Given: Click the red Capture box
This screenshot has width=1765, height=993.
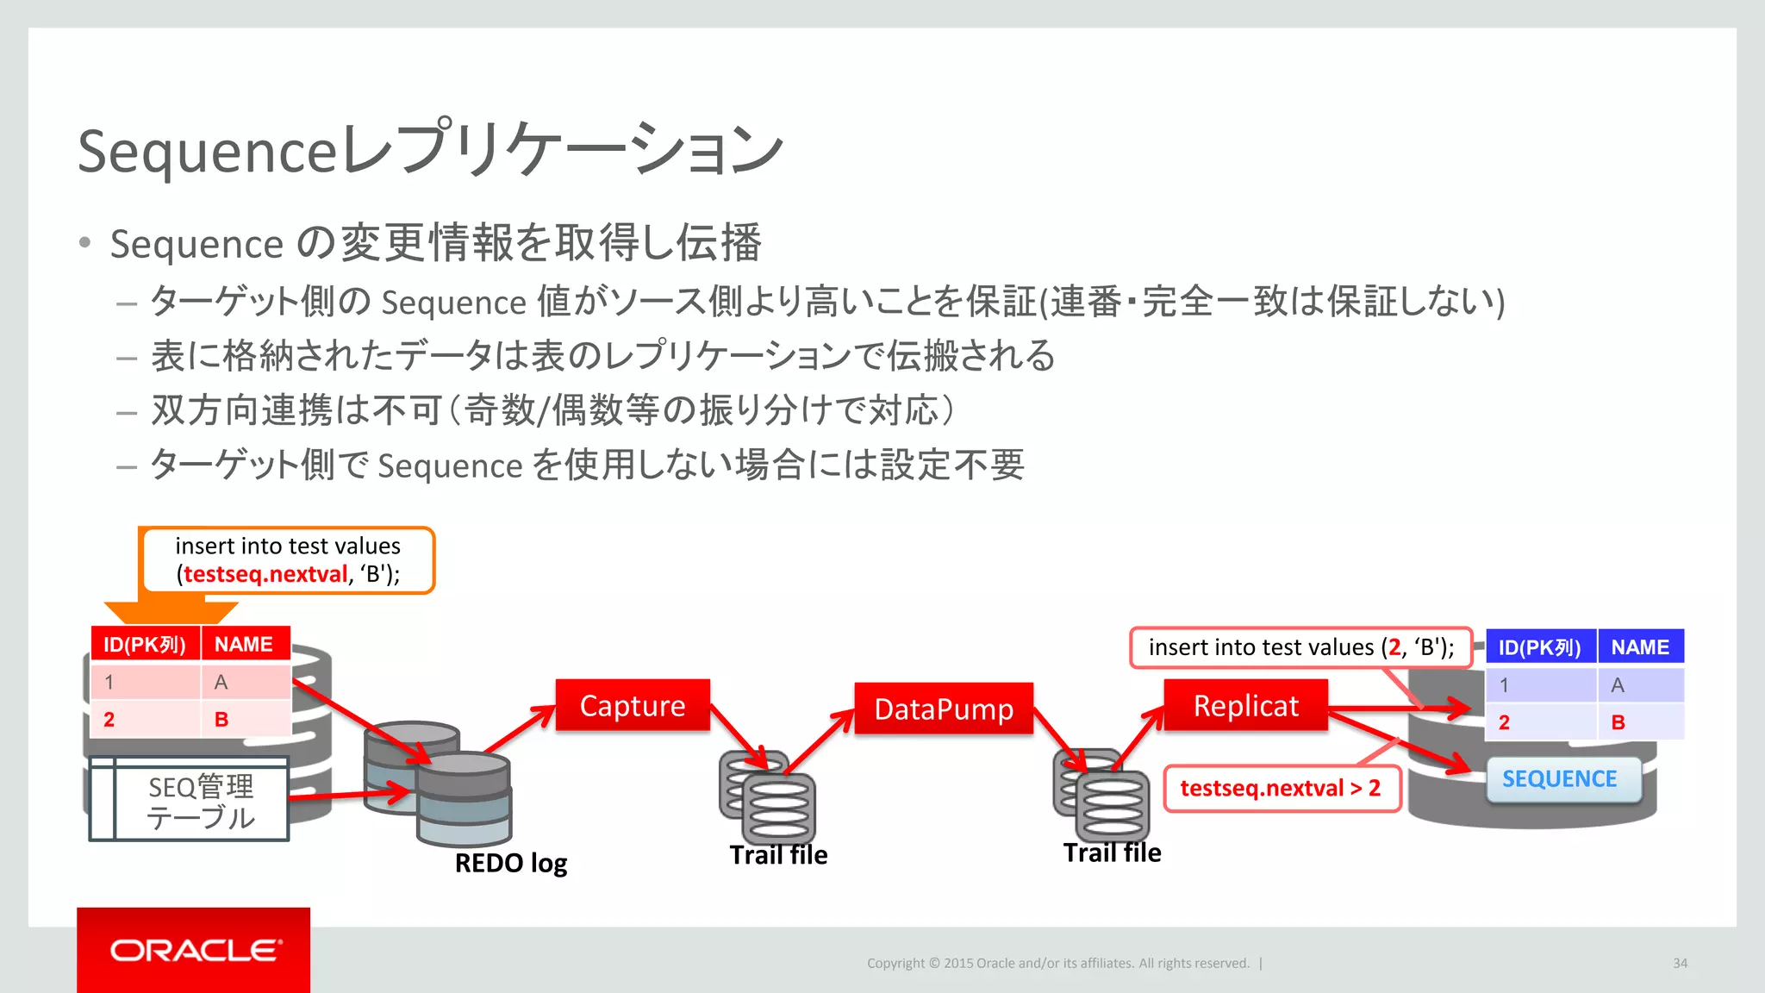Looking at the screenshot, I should [x=633, y=705].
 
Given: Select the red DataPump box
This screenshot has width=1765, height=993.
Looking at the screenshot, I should [x=944, y=709].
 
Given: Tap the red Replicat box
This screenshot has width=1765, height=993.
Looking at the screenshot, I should [x=1245, y=705].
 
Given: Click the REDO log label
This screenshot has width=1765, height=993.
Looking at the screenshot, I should [x=510, y=863].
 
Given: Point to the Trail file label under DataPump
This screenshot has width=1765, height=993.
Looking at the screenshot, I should [x=778, y=855].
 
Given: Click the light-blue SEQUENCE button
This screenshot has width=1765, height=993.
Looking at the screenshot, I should [x=1560, y=779].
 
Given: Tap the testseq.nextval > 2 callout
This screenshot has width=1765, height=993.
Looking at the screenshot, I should [x=1280, y=788].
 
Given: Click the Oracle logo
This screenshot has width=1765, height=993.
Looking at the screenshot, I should [x=194, y=950].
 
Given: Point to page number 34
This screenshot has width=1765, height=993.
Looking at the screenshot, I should [x=1680, y=964].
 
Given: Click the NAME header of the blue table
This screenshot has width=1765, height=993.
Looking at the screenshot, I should [x=1640, y=647].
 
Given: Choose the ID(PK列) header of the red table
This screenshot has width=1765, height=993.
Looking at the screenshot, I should [x=145, y=645].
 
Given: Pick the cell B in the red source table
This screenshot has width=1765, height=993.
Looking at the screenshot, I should [x=221, y=720].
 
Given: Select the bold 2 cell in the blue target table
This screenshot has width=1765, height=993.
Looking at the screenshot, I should [x=1504, y=722].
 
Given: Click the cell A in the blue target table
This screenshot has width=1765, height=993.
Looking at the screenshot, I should [x=1618, y=685].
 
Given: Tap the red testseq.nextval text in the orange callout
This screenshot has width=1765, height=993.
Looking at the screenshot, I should [x=265, y=574].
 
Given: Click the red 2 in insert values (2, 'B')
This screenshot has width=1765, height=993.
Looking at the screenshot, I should [x=1394, y=647].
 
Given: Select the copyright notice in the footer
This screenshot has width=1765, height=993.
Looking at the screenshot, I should [x=1057, y=964].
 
